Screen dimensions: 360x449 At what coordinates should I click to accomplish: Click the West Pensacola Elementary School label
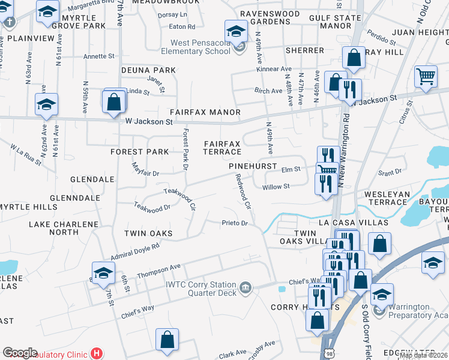pyautogui.click(x=196, y=47)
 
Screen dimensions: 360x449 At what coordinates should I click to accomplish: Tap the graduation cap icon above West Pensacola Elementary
pyautogui.click(x=236, y=31)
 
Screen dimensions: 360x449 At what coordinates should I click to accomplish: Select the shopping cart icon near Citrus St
pyautogui.click(x=426, y=76)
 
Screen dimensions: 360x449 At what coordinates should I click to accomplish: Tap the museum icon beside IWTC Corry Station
pyautogui.click(x=245, y=289)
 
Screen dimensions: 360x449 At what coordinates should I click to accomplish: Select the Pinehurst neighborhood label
pyautogui.click(x=252, y=166)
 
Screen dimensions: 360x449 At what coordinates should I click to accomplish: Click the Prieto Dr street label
pyautogui.click(x=235, y=223)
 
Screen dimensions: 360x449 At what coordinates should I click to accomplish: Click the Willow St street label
pyautogui.click(x=276, y=187)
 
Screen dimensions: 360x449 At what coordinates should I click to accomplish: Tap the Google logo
pyautogui.click(x=20, y=353)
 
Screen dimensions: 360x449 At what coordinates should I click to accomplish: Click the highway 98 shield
pyautogui.click(x=328, y=353)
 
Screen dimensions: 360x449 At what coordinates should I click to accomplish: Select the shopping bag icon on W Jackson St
pyautogui.click(x=114, y=101)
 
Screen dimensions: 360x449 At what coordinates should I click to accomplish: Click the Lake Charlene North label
pyautogui.click(x=64, y=228)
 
